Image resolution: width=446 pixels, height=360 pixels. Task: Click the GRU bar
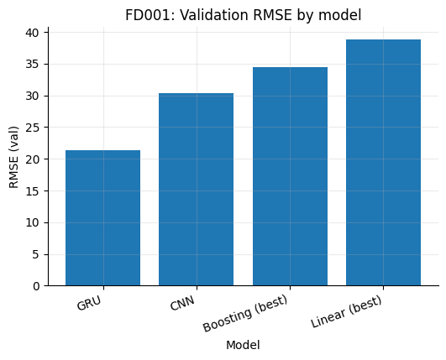coord(102,218)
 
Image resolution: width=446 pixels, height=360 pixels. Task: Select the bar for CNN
coord(196,190)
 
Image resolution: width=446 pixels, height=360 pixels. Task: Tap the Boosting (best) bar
coord(290,176)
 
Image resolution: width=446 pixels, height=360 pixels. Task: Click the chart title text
coord(243,15)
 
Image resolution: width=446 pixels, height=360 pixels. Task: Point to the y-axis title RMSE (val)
coord(14,157)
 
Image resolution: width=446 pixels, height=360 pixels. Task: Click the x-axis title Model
coord(243,345)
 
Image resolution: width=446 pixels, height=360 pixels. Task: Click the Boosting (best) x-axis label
coord(245,314)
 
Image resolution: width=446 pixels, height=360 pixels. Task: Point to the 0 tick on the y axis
coord(36,286)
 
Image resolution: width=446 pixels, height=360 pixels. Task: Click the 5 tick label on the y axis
coord(36,254)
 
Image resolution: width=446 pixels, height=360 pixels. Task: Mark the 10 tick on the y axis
coord(33,222)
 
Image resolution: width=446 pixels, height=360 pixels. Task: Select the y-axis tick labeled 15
coord(33,190)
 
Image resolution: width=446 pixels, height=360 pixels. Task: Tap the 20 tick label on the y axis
coord(33,159)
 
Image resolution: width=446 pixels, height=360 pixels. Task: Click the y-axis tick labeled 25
coord(33,128)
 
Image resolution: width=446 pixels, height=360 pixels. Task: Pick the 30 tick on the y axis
coord(33,96)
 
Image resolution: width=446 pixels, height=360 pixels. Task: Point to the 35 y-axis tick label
coord(33,64)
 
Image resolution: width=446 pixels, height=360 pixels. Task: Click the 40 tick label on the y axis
coord(33,32)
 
